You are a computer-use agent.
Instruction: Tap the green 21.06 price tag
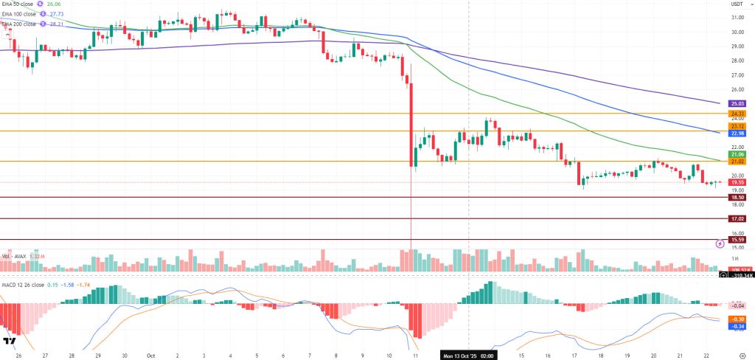point(737,153)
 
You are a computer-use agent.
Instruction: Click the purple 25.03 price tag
point(737,104)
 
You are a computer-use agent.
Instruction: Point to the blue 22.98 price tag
point(737,133)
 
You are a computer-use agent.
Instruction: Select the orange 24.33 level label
point(737,114)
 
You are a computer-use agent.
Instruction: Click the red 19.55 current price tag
point(737,182)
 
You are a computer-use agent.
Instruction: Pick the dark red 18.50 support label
point(737,198)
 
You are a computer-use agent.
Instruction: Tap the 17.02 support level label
point(737,219)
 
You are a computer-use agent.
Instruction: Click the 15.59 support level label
point(737,240)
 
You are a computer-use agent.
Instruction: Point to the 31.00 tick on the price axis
point(736,18)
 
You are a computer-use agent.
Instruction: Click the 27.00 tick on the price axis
point(736,75)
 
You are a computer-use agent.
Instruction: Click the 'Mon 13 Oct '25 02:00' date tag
point(469,354)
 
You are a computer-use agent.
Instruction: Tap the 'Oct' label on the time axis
point(150,354)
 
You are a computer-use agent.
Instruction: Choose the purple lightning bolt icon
point(720,243)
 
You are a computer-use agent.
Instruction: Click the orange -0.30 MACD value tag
point(737,319)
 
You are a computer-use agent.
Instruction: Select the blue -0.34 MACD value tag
point(737,326)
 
